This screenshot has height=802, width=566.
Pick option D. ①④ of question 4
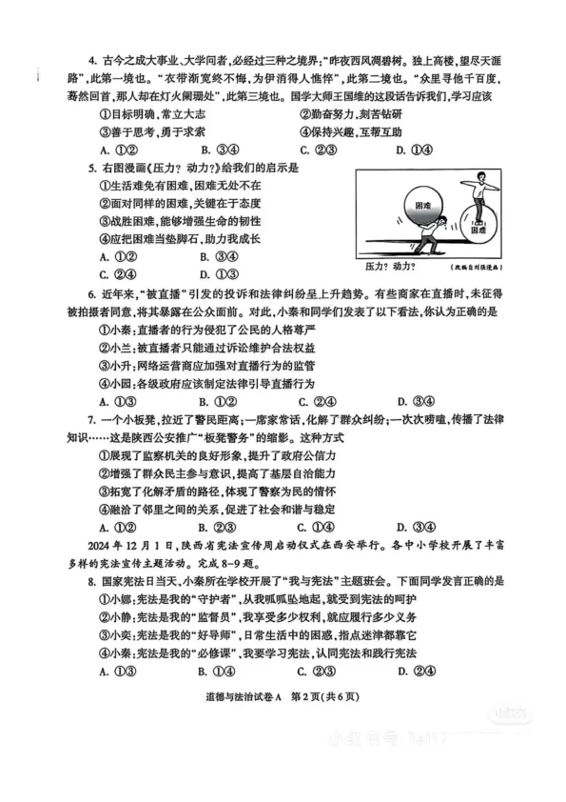415,150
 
